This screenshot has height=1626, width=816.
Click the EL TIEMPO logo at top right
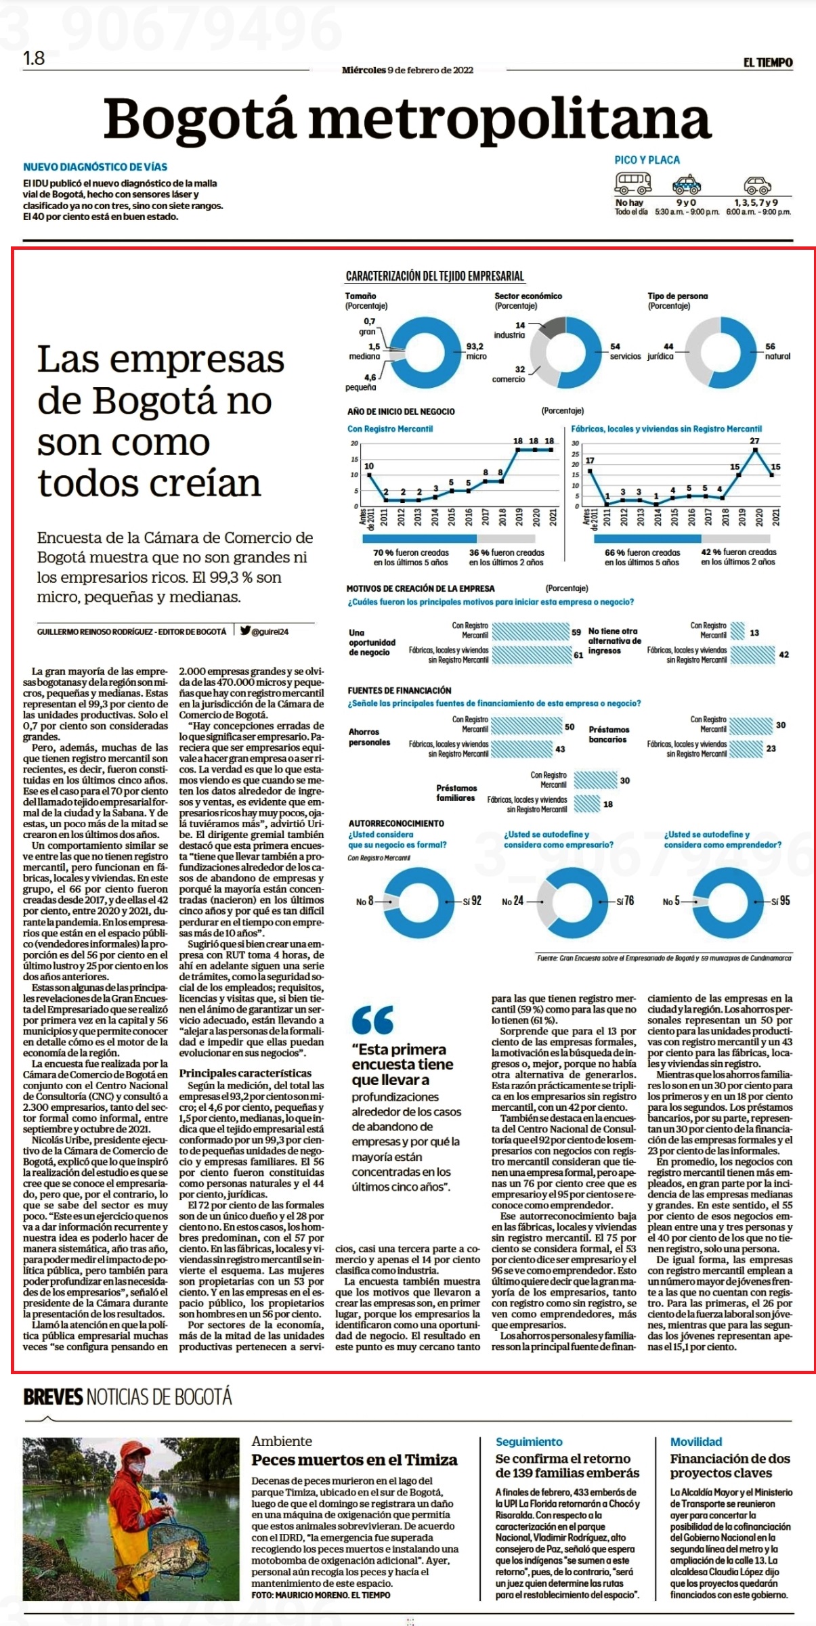pos(768,62)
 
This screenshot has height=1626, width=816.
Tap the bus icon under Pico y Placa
pos(632,182)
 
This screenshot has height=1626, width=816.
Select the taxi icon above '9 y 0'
pos(686,184)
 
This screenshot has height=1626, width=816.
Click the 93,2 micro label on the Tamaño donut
pos(475,351)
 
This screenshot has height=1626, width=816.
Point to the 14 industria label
pos(510,330)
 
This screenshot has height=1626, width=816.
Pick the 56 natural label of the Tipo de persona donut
pos(777,351)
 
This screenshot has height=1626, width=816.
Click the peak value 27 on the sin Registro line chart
pos(755,441)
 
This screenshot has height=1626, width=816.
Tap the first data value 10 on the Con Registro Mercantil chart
pos(369,466)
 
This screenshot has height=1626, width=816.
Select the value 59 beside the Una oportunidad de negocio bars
pos(576,632)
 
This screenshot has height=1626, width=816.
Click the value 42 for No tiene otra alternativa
pos(783,655)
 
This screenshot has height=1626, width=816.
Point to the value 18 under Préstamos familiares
pos(608,804)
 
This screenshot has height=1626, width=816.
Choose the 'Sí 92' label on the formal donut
pos(472,901)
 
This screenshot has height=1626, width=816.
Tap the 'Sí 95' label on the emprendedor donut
pos(781,901)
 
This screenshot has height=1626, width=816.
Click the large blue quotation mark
pos(372,1019)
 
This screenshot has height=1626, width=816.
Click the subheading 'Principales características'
pos(245,1073)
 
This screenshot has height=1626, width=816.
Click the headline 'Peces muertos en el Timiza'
pos(354,1459)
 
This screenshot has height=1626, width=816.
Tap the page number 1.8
pos(34,59)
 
